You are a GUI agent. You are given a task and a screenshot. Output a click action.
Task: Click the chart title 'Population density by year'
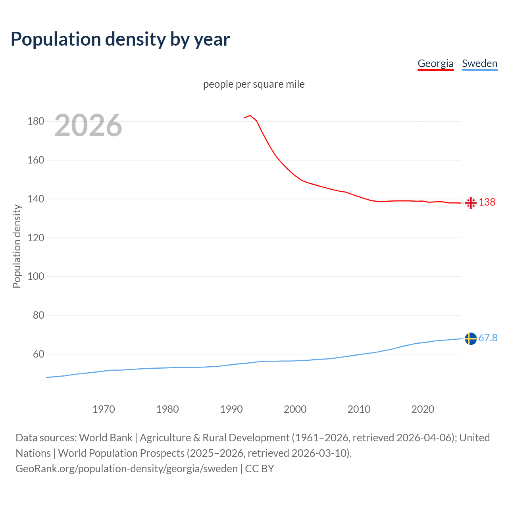pos(120,39)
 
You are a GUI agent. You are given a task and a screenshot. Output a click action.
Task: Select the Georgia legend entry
pos(435,63)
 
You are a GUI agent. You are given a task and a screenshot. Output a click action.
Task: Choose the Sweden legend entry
pos(479,63)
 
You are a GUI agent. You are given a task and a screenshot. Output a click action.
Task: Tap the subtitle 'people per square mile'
pos(254,84)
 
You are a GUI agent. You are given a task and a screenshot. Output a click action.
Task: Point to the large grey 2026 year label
pos(88,125)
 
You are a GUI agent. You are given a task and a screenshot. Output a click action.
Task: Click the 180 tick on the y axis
pos(36,121)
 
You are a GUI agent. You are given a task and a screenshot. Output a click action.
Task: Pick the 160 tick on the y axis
pos(36,160)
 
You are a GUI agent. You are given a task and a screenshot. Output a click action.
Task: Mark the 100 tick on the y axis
pos(36,277)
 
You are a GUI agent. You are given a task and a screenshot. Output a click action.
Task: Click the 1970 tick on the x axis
pos(104,409)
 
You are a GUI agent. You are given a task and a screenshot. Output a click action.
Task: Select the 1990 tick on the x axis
pos(231,409)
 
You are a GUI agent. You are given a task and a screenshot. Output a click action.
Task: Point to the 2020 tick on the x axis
pos(423,409)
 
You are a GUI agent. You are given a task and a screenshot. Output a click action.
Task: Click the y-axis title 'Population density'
pos(17,246)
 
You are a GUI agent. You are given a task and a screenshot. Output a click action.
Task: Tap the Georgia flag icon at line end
pos(471,203)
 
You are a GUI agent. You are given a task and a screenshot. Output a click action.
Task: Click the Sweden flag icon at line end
pos(471,339)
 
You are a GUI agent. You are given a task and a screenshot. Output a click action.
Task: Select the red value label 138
pos(487,202)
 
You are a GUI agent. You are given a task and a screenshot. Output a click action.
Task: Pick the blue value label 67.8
pos(488,338)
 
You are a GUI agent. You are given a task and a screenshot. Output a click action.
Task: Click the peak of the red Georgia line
pos(250,115)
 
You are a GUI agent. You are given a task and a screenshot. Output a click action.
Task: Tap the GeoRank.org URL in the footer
pos(127,469)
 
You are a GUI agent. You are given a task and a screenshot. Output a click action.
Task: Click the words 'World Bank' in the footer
pos(106,438)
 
